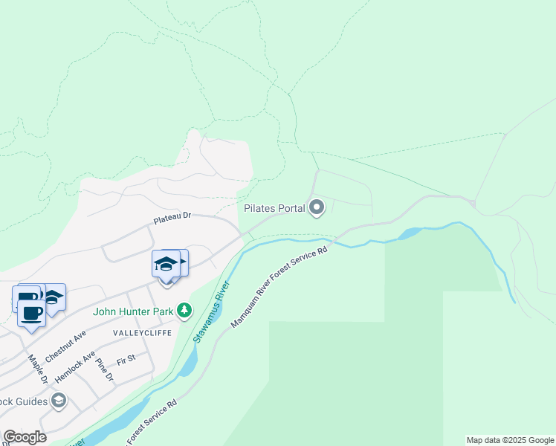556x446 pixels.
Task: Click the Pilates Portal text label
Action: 274,209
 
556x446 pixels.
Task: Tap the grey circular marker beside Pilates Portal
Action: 317,208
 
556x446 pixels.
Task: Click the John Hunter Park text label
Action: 133,311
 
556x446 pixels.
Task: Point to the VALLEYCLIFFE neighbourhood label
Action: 141,333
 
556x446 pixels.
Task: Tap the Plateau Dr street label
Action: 172,219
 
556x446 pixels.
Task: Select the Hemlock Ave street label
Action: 75,367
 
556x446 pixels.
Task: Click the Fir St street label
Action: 126,360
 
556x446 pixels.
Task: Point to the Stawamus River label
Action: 209,317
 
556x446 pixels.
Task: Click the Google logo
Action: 25,437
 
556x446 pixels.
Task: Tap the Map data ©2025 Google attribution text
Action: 510,440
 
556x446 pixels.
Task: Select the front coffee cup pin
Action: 31,313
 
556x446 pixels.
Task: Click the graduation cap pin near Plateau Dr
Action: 166,265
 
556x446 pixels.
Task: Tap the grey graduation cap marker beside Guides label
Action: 58,402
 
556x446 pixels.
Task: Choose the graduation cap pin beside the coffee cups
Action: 53,297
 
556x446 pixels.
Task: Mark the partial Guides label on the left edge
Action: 22,402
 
